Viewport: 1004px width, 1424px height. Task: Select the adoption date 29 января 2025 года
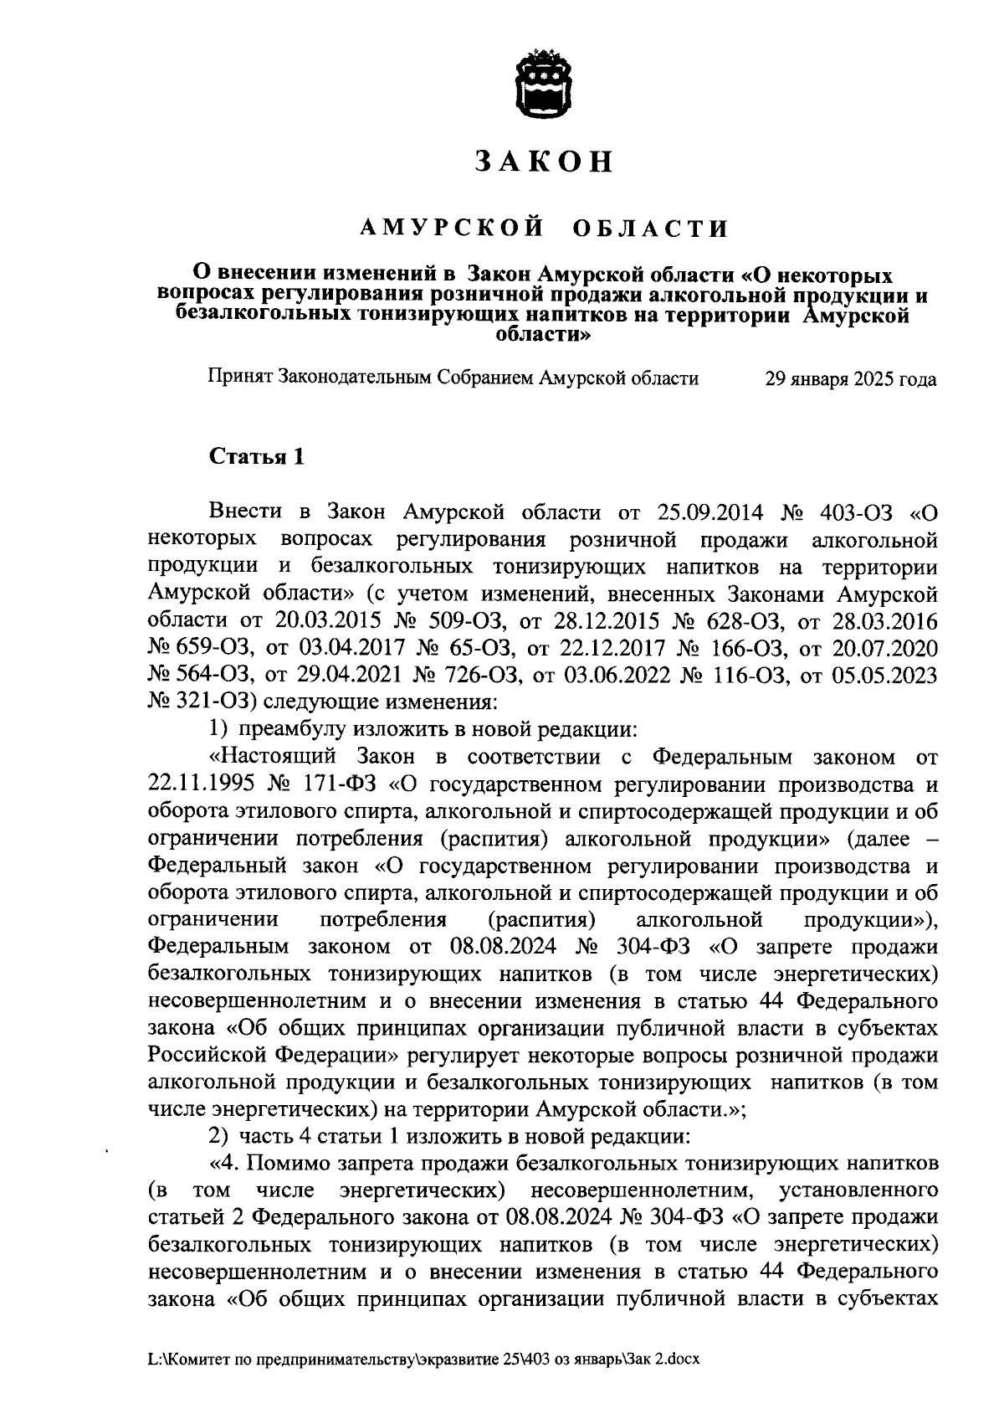(x=851, y=379)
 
